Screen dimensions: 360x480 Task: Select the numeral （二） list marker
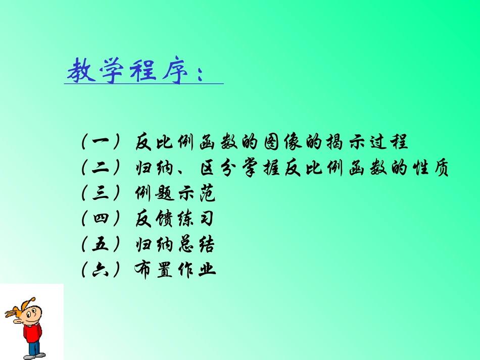click(x=100, y=168)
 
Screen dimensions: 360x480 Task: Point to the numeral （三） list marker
click(x=100, y=193)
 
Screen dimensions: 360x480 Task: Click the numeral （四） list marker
click(x=100, y=219)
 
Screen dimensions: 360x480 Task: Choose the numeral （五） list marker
click(x=100, y=245)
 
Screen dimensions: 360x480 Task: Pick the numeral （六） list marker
click(x=100, y=270)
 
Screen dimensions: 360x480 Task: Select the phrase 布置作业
click(x=175, y=270)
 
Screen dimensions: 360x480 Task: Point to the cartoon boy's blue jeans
click(x=34, y=348)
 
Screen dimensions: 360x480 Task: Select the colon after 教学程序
click(x=199, y=73)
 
